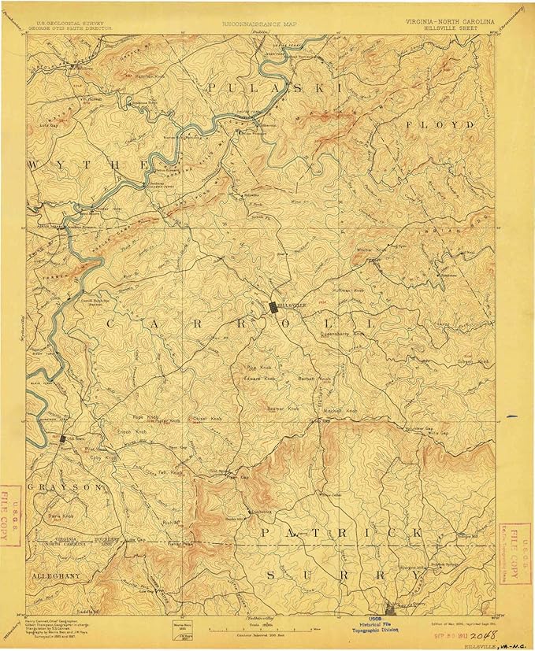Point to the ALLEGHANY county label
[56, 576]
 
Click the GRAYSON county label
[64, 487]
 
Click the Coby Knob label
[105, 457]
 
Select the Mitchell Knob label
[341, 411]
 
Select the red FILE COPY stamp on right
[518, 555]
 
